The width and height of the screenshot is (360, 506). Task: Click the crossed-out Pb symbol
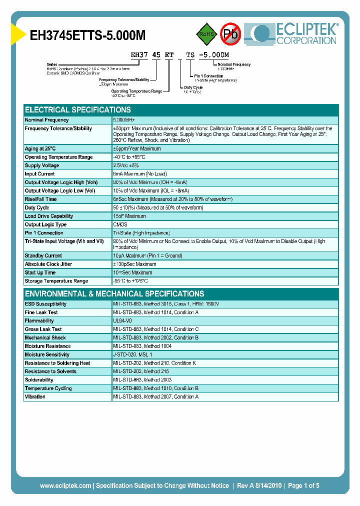tap(230, 34)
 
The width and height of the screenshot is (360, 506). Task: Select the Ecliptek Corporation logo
tap(295, 33)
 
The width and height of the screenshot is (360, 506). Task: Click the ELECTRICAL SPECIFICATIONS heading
tap(78, 109)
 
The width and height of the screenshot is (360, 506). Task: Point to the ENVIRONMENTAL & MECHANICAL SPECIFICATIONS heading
tap(114, 293)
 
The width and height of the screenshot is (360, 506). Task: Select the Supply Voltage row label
tap(42, 165)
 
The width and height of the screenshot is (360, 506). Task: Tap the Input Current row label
tap(40, 174)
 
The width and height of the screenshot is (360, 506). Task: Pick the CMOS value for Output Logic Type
tap(120, 224)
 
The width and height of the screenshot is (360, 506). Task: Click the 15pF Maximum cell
tap(129, 216)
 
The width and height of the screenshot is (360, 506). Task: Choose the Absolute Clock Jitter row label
tap(48, 264)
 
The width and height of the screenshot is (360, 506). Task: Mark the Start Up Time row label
tap(40, 272)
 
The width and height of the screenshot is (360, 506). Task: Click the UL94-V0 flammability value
tap(122, 320)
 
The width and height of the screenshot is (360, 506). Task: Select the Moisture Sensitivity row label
tap(47, 354)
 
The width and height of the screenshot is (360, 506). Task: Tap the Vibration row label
tap(35, 396)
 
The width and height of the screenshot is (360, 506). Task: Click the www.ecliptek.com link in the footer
tap(65, 485)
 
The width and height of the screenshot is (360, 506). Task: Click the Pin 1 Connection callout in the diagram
tap(209, 76)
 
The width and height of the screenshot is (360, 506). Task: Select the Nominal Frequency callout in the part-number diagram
tap(234, 64)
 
